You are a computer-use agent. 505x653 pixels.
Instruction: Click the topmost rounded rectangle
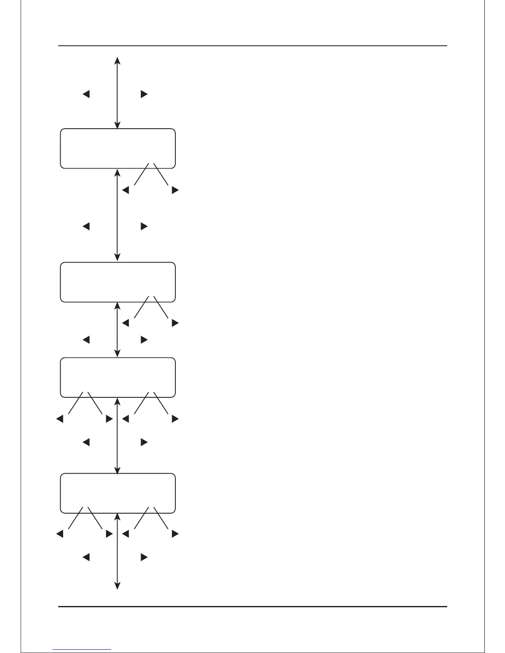click(x=118, y=148)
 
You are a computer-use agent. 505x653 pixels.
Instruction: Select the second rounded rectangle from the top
click(x=118, y=282)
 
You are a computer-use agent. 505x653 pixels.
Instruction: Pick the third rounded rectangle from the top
click(x=118, y=377)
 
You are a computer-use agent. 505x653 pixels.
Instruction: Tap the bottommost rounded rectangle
click(x=118, y=493)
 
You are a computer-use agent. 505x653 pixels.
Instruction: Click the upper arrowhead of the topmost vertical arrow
click(x=117, y=60)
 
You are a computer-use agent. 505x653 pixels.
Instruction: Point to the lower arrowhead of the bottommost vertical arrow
click(x=117, y=586)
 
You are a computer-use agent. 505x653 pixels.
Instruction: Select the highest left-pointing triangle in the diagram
click(x=86, y=94)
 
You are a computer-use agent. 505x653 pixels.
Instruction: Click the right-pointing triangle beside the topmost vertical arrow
click(x=144, y=94)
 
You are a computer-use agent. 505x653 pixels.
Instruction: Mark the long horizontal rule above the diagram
click(x=252, y=46)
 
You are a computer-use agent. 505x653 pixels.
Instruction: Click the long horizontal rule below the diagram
click(x=252, y=606)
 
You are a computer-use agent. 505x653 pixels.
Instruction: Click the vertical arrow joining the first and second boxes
click(x=118, y=214)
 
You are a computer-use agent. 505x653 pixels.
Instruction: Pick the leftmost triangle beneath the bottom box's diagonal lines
click(x=59, y=534)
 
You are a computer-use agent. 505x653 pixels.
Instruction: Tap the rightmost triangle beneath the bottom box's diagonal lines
click(x=175, y=534)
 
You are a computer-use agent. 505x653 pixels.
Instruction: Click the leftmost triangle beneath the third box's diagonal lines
click(x=59, y=419)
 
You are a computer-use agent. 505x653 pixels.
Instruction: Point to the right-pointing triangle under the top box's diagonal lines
click(x=175, y=190)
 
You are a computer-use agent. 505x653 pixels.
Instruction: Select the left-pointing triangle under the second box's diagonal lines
click(x=126, y=323)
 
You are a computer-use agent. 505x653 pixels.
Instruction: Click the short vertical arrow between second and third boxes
click(x=118, y=330)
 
